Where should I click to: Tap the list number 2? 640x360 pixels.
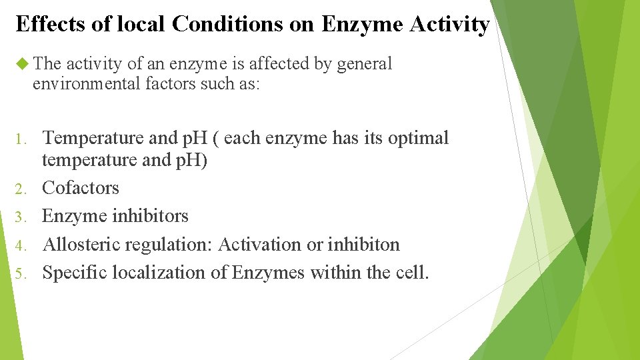[x=20, y=189]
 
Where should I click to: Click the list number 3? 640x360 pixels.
[x=20, y=217]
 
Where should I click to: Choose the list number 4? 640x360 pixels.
[x=20, y=245]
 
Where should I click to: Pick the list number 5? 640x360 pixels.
[x=20, y=273]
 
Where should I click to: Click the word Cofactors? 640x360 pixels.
[x=81, y=188]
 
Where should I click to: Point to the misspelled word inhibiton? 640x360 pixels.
[x=363, y=245]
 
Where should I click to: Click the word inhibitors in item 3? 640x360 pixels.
[x=150, y=216]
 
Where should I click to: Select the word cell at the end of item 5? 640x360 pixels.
[x=412, y=273]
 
